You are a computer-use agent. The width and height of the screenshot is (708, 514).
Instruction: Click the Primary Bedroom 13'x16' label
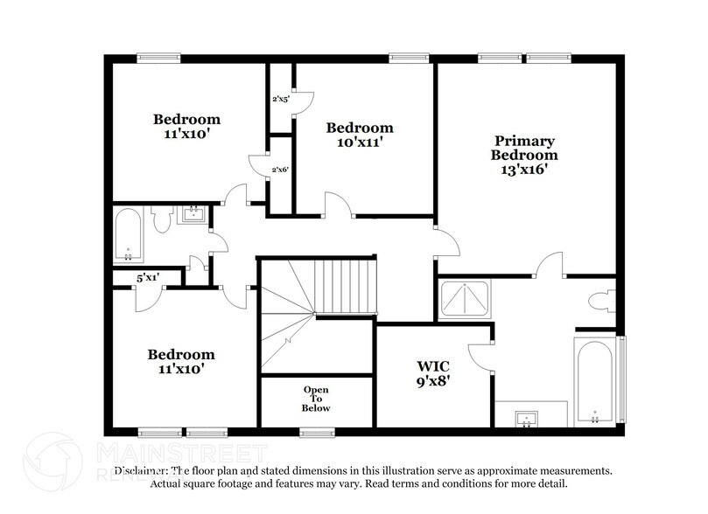click(524, 155)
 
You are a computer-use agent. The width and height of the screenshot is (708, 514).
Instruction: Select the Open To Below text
click(316, 398)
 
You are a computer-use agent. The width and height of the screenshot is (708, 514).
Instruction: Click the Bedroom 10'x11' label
click(359, 134)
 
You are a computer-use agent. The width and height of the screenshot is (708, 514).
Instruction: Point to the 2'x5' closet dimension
click(280, 100)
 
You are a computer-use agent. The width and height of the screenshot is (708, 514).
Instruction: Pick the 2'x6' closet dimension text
click(280, 169)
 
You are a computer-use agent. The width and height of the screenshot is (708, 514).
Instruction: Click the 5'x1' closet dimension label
click(147, 278)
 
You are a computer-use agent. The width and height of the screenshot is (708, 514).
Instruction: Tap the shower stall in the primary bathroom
click(465, 299)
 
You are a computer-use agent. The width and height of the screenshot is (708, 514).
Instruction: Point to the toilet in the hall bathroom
click(161, 219)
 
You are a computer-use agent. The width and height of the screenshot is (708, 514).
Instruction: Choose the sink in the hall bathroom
click(192, 214)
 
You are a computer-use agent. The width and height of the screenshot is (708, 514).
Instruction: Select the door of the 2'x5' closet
click(301, 103)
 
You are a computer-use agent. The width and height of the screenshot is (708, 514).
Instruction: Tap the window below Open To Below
click(316, 431)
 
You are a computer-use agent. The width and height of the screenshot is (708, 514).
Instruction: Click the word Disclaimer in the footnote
click(138, 470)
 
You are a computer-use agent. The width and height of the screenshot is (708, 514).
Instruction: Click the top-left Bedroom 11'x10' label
click(187, 127)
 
